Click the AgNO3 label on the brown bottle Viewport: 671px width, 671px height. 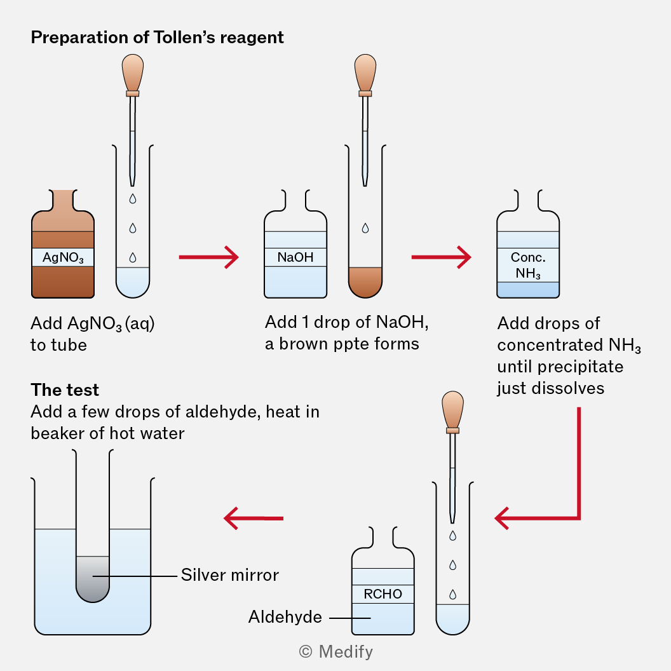[63, 257]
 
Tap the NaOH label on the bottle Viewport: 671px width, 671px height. [295, 257]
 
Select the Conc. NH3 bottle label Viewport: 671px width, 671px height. [528, 265]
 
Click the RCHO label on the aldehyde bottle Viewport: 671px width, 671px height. [383, 594]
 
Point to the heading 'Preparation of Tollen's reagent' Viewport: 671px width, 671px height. [158, 37]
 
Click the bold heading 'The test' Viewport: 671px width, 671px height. [65, 390]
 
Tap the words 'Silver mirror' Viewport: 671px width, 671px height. [230, 575]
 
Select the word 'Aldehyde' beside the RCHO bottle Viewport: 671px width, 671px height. [285, 616]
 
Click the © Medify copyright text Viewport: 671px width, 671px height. [335, 651]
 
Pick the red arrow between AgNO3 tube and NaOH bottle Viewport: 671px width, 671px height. [208, 257]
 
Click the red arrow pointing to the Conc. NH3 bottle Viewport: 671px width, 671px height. [441, 257]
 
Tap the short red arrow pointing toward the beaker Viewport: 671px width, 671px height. [253, 518]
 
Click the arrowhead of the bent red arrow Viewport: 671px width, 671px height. [505, 517]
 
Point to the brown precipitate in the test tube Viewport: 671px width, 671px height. [365, 281]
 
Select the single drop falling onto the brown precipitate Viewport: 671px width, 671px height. [365, 228]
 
